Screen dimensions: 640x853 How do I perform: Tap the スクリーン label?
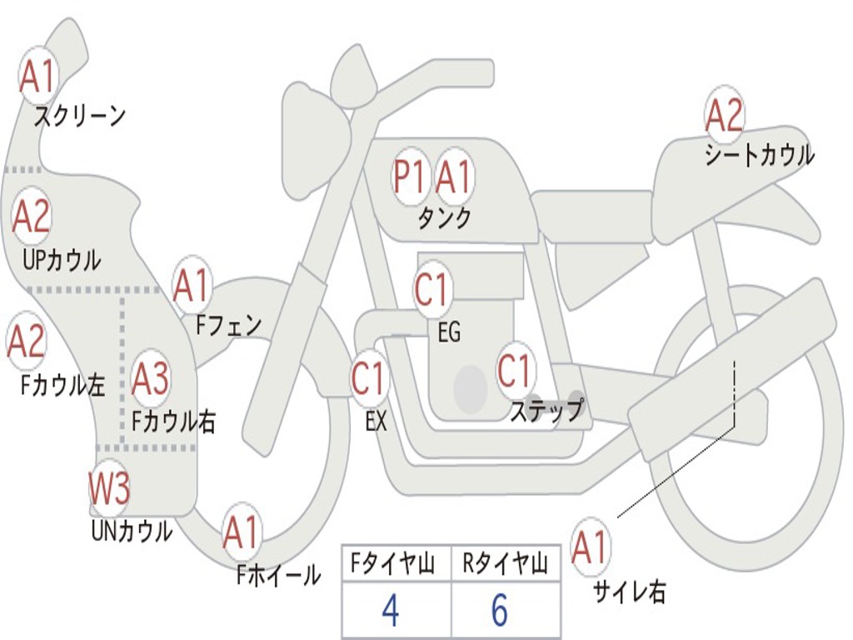[80, 116]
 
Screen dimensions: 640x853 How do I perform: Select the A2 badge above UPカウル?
[32, 217]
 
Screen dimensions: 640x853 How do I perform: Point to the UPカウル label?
[62, 260]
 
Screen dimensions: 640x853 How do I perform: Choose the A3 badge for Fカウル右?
[151, 379]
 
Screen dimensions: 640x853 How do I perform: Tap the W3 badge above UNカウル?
[110, 489]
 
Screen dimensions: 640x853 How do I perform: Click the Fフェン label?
[228, 325]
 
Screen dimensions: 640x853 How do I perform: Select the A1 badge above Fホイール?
[242, 532]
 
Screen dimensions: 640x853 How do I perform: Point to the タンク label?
[444, 218]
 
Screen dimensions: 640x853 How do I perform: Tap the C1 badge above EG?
[431, 291]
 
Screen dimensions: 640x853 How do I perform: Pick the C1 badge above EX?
[369, 379]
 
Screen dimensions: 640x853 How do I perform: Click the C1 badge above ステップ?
[515, 371]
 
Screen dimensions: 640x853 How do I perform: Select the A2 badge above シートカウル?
[724, 116]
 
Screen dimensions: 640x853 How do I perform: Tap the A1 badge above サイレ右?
[591, 547]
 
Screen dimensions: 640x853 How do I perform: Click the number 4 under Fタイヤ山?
[390, 611]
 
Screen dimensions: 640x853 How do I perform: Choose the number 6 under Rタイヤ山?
[500, 611]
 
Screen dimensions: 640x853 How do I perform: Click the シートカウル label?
[759, 156]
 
